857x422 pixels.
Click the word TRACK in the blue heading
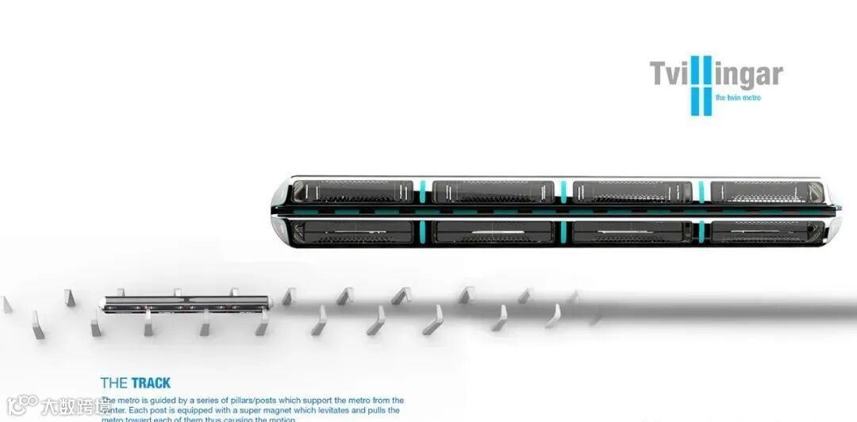[151, 383]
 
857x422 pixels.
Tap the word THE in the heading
[114, 383]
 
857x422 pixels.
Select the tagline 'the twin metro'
[738, 98]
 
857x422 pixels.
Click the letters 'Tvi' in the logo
[670, 75]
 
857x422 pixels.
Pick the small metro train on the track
[186, 301]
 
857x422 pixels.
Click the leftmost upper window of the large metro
[352, 192]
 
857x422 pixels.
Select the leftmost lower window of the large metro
[352, 232]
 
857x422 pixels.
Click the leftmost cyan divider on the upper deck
[423, 191]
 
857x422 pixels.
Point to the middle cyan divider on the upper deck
[563, 191]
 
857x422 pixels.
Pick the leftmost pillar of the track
[7, 304]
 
